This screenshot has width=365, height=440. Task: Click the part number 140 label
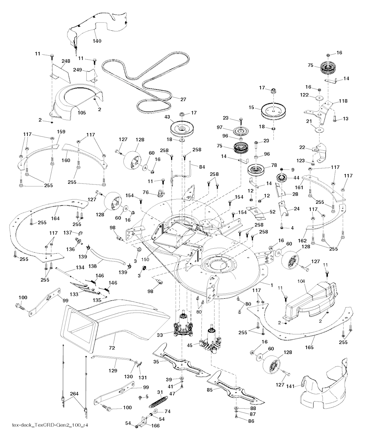point(97,41)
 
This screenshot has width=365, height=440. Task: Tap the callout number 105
point(82,112)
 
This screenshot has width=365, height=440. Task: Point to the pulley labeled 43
point(183,128)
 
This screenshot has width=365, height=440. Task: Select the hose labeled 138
point(107,257)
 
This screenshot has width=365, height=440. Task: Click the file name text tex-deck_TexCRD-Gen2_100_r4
point(50,425)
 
